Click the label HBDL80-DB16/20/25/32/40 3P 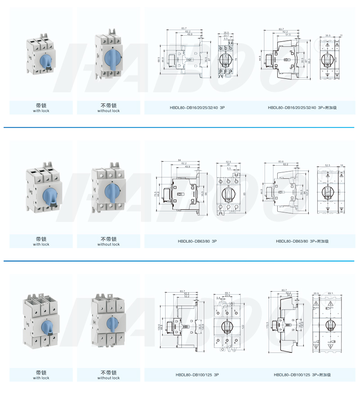(197, 108)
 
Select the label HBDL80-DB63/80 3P (197, 241)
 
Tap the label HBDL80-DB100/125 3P (197, 374)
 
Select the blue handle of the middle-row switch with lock (48, 195)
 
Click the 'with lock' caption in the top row (41, 111)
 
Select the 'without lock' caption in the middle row (108, 244)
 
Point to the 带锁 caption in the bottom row (41, 372)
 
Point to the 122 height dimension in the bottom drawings (242, 326)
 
